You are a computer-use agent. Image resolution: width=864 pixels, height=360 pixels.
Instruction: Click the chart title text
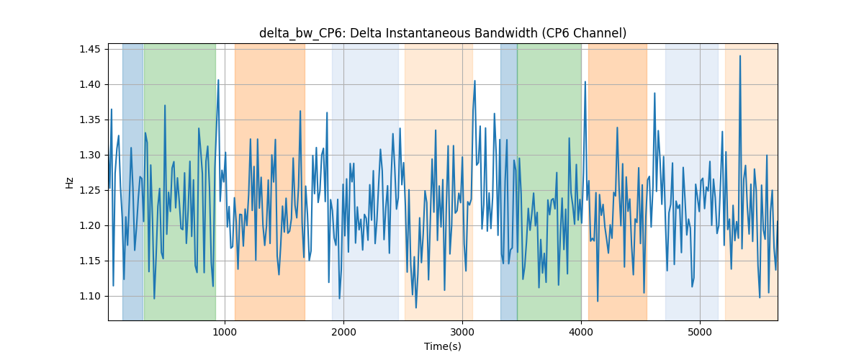point(443,33)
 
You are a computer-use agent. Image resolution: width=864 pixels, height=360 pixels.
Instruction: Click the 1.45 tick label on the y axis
point(90,50)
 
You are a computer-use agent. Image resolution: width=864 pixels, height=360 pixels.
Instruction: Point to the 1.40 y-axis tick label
point(90,84)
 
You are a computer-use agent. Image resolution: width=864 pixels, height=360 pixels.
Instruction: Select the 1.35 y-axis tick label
point(90,120)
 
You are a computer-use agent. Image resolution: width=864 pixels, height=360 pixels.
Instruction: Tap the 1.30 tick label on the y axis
point(90,155)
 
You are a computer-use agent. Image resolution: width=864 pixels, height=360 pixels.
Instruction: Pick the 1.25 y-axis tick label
point(90,191)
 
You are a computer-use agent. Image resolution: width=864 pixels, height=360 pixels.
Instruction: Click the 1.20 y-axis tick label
point(90,226)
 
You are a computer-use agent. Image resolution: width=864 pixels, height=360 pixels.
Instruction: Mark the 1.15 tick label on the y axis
point(90,261)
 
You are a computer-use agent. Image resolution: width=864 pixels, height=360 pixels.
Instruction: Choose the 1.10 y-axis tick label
point(90,297)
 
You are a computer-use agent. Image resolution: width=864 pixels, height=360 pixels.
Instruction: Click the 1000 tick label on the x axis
point(225,332)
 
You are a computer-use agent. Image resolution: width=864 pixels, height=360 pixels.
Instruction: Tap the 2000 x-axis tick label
point(343,332)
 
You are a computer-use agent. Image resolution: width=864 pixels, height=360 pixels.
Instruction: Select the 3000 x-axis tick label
point(462,332)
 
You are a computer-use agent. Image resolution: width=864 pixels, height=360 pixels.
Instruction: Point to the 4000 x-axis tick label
point(581,332)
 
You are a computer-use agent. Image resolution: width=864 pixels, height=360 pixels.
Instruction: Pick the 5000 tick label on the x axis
point(700,332)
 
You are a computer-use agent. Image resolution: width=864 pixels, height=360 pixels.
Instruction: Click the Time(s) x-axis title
point(443,346)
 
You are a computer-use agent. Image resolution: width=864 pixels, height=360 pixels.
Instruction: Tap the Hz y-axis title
point(69,183)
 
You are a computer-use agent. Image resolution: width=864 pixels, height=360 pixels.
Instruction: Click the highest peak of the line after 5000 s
point(740,56)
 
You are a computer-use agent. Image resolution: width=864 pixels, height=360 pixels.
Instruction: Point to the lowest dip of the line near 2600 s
point(416,307)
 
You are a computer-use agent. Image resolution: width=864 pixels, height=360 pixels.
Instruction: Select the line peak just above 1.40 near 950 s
point(218,80)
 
